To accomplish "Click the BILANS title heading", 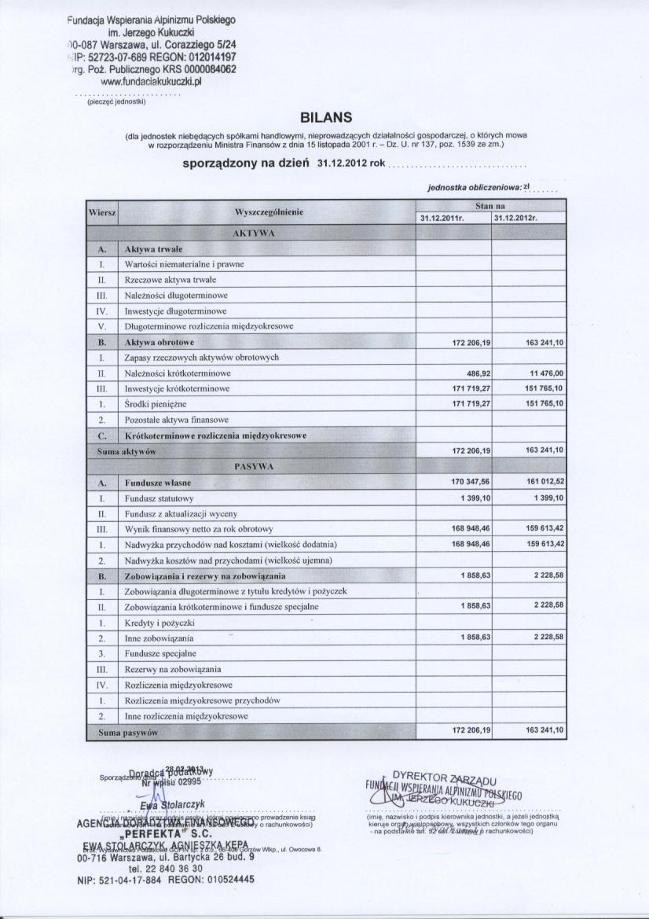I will [x=324, y=118].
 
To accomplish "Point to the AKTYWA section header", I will [x=253, y=233].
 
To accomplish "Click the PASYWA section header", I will [x=253, y=465].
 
